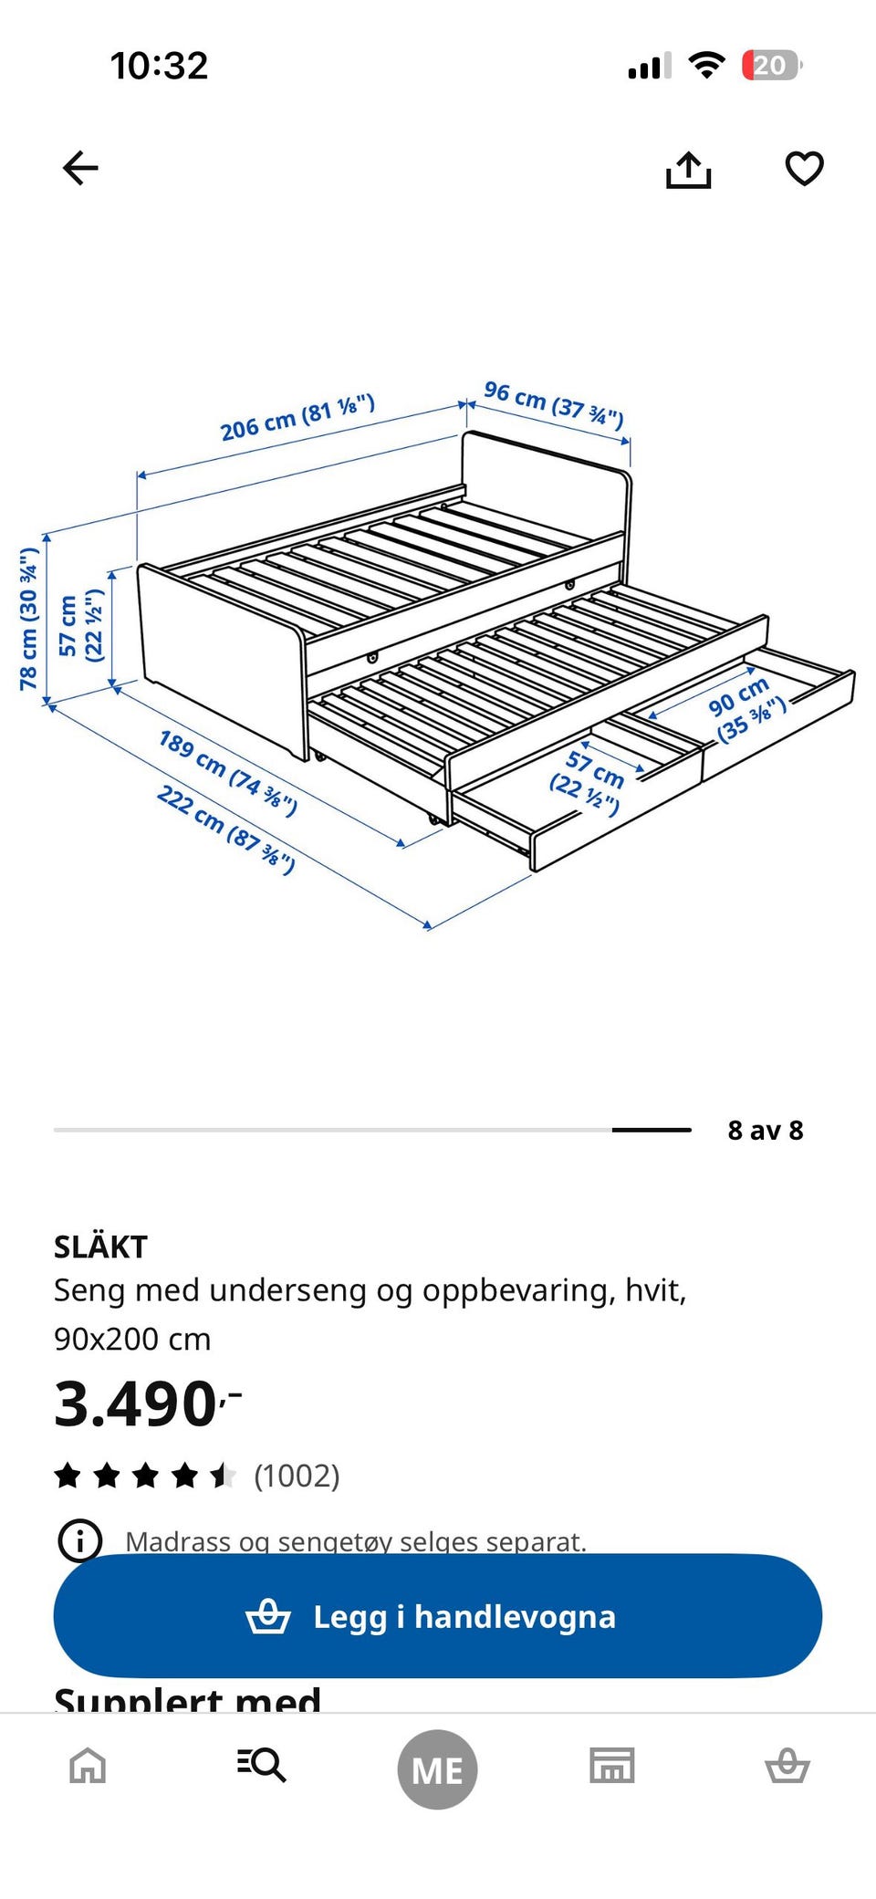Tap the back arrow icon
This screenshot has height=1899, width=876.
click(80, 168)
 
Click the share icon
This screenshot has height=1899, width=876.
click(688, 170)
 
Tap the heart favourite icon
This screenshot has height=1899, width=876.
click(804, 168)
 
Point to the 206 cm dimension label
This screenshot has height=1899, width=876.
click(297, 417)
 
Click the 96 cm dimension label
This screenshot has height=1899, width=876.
click(553, 404)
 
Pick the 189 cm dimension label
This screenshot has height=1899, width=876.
click(227, 773)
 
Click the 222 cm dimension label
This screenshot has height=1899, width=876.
click(225, 829)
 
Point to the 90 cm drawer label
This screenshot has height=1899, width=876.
click(746, 710)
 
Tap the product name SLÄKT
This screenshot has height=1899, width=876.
click(100, 1247)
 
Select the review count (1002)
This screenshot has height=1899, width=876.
click(297, 1476)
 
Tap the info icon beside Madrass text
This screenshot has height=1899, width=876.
click(80, 1540)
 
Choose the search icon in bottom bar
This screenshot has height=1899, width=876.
click(262, 1765)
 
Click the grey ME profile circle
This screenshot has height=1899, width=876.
click(437, 1769)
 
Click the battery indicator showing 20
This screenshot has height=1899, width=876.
click(771, 66)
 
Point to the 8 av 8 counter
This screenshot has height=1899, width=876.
click(765, 1131)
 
